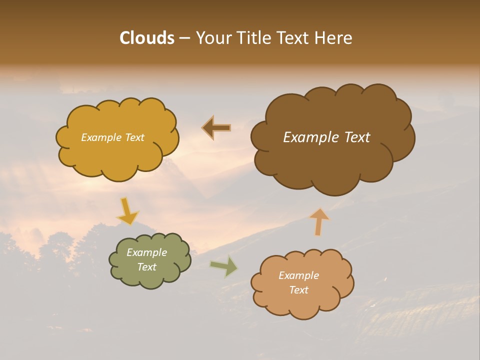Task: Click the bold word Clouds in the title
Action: tap(146, 38)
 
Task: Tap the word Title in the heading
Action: tap(254, 38)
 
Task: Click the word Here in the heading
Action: tap(334, 38)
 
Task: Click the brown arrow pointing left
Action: tap(216, 128)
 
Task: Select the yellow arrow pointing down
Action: tap(127, 211)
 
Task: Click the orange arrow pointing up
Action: tap(319, 222)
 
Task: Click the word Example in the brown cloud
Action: tap(312, 137)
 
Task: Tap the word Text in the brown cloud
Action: tap(356, 137)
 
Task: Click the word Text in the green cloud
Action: tap(147, 267)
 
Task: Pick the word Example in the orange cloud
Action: tap(298, 275)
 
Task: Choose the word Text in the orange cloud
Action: tap(298, 290)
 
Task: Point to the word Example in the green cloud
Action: tap(147, 252)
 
